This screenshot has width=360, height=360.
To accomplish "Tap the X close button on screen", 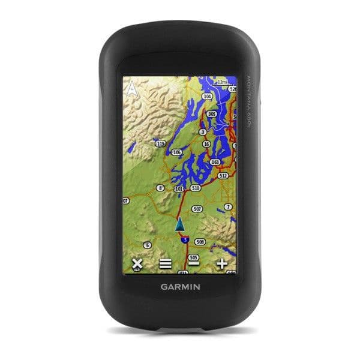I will click(x=137, y=263).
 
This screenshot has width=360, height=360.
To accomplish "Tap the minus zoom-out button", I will click(x=193, y=263).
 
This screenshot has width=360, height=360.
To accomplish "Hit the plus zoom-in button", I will click(x=223, y=263).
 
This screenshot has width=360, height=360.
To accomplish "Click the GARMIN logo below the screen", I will click(x=180, y=286).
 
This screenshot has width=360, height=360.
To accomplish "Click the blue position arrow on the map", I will click(x=179, y=224).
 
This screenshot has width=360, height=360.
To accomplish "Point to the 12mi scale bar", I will click(x=223, y=82).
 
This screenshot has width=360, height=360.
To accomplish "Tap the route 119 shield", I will click(x=160, y=144).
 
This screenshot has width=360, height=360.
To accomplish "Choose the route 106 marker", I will click(x=176, y=152).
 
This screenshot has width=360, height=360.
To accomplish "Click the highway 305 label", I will click(x=211, y=113).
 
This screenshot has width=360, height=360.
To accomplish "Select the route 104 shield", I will click(x=208, y=96).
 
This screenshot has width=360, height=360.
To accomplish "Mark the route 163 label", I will click(x=215, y=162).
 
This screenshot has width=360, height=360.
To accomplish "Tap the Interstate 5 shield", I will click(x=185, y=239).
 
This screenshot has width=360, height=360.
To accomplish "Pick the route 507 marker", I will click(x=197, y=209).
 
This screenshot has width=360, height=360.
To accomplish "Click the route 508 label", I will click(x=200, y=241).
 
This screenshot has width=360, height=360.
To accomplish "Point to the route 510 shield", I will click(x=195, y=188).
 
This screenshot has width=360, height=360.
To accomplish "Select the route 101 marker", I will click(x=178, y=188).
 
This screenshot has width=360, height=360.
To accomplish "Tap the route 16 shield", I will click(x=206, y=145).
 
